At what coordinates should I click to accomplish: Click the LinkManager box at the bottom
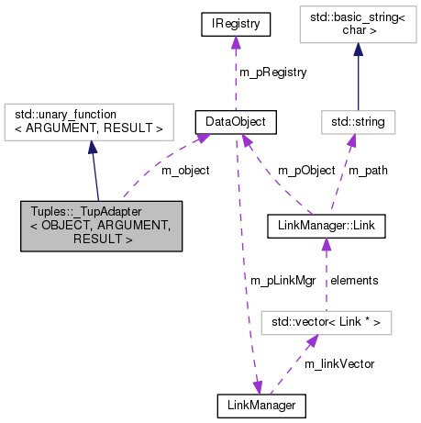tap(260, 403)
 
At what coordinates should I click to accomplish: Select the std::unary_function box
tap(89, 120)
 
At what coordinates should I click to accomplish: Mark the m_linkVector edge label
tap(338, 363)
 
